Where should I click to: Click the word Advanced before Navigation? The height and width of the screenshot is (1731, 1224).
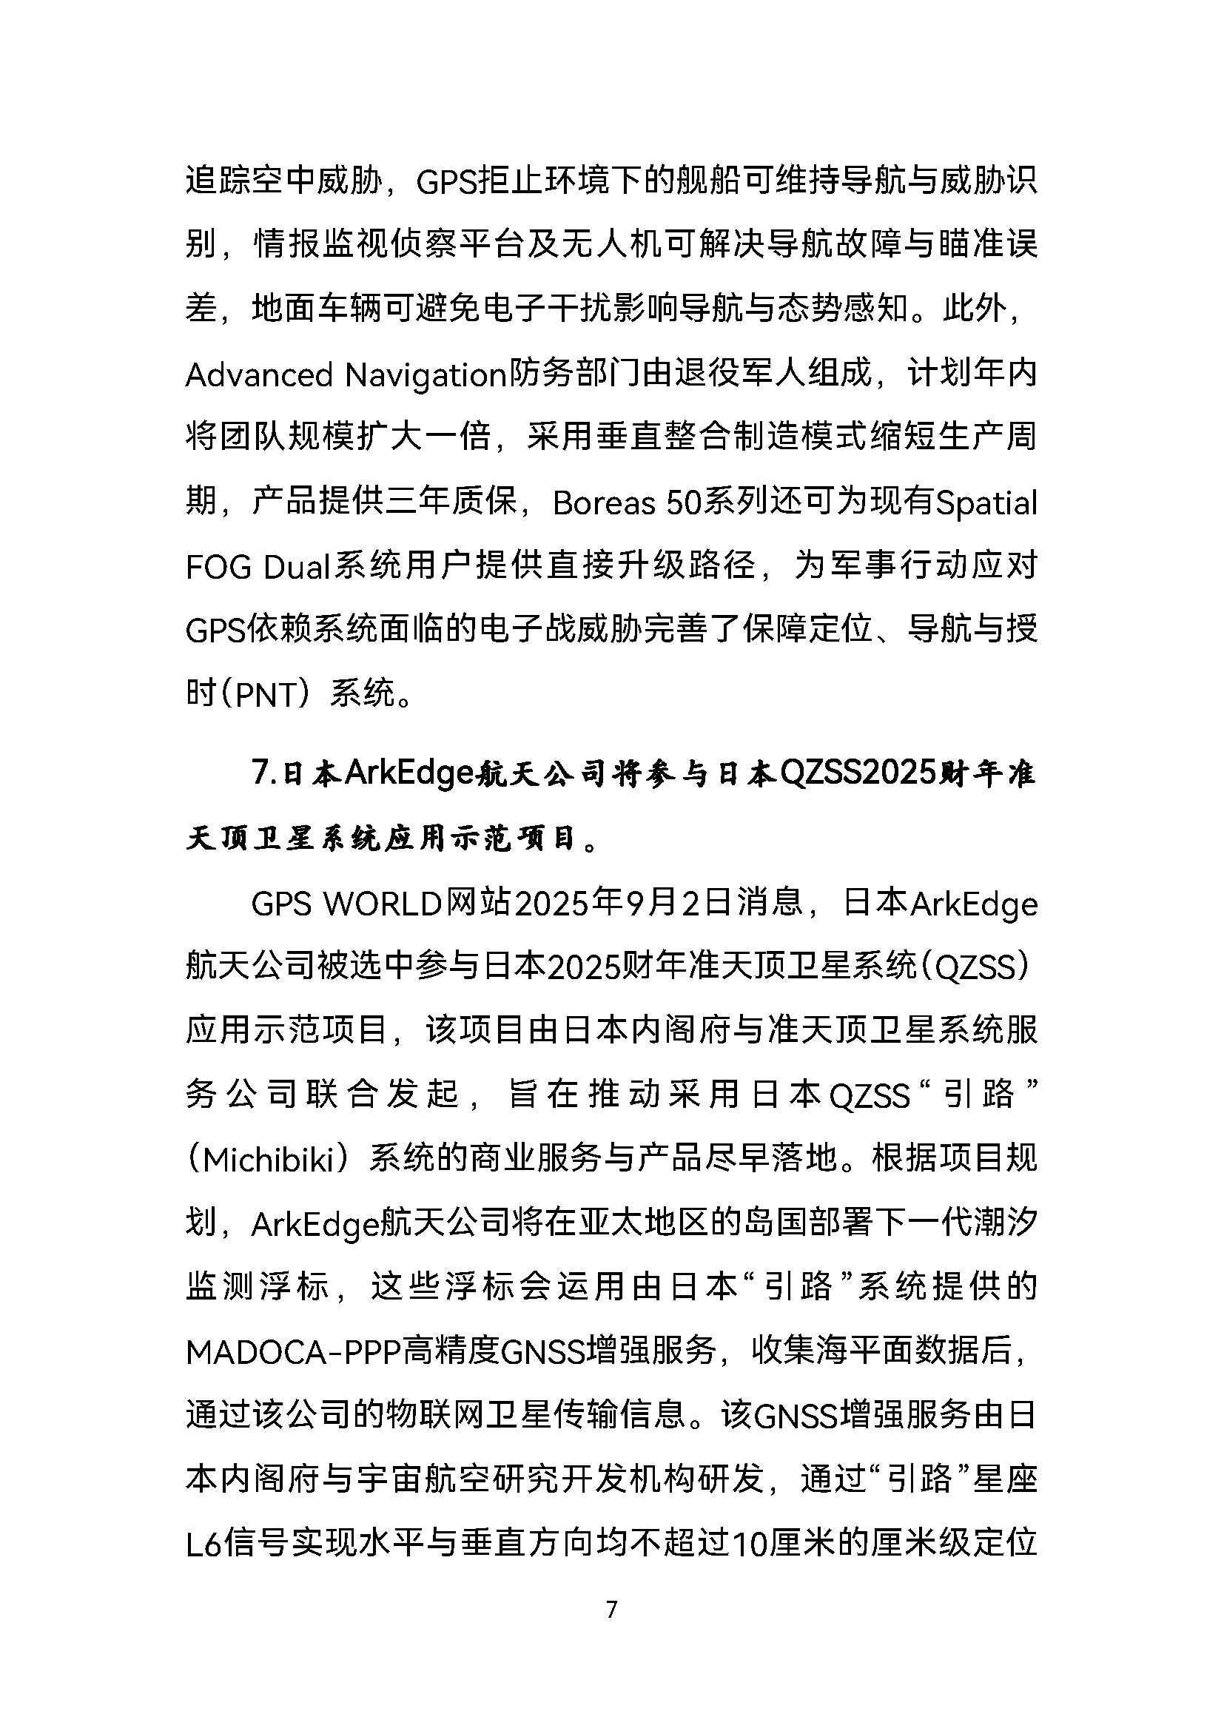pyautogui.click(x=258, y=374)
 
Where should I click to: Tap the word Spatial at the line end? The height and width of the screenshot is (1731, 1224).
pyautogui.click(x=986, y=503)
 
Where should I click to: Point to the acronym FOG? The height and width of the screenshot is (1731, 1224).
pyautogui.click(x=218, y=567)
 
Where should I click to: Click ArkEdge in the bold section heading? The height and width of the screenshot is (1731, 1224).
pyautogui.click(x=408, y=773)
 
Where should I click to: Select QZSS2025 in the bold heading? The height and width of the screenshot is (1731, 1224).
pyautogui.click(x=857, y=773)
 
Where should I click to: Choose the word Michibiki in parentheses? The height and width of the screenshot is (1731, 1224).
pyautogui.click(x=269, y=1160)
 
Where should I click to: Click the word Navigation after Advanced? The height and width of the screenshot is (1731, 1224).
pyautogui.click(x=424, y=374)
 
